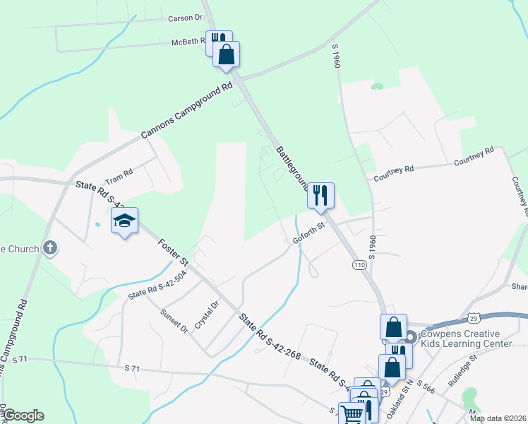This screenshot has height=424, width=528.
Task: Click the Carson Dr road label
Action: click(x=185, y=17)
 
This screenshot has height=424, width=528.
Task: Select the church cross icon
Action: click(x=49, y=247)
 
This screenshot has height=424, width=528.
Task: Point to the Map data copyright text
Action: click(x=498, y=418)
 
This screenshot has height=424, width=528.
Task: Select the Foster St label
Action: click(x=173, y=252)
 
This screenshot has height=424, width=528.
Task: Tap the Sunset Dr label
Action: click(x=174, y=320)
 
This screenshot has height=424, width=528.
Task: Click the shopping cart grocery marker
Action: click(x=352, y=414)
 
